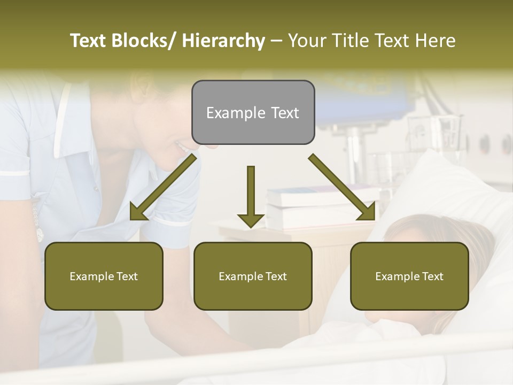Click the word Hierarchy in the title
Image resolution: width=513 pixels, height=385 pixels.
[223, 41]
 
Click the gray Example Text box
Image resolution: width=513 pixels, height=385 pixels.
[253, 112]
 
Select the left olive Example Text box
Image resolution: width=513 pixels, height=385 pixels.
[104, 276]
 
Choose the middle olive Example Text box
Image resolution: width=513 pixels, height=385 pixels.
[253, 276]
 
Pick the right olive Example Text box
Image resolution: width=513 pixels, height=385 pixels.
[409, 276]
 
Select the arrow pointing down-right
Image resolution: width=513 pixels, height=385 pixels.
[342, 187]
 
